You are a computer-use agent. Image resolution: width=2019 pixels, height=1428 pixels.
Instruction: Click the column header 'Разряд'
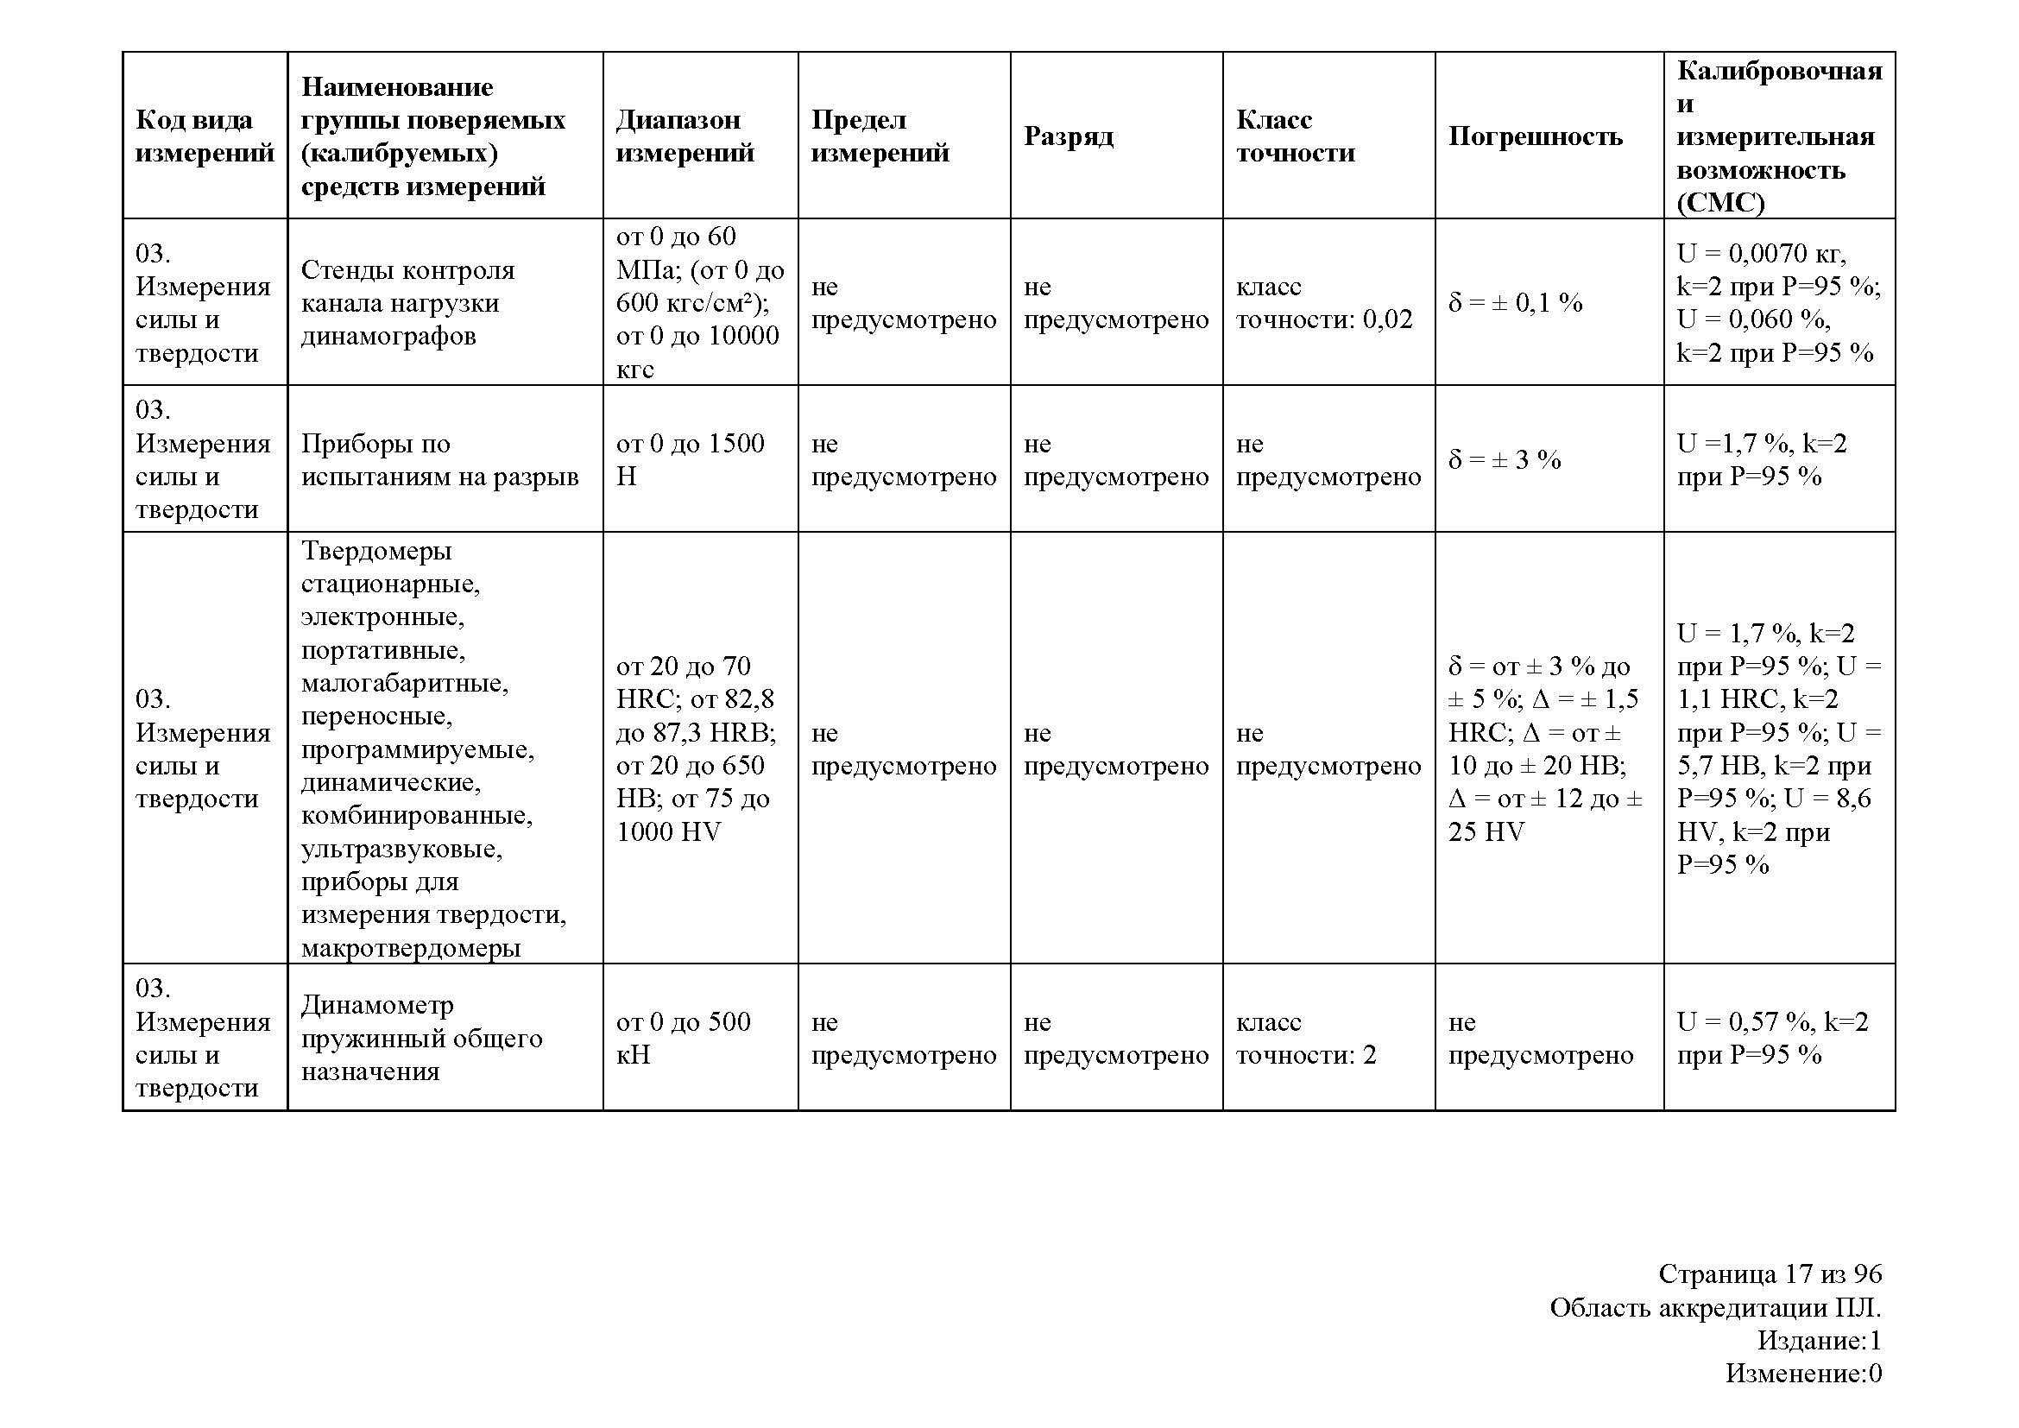1069,136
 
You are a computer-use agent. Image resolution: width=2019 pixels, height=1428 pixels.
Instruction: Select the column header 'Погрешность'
1536,136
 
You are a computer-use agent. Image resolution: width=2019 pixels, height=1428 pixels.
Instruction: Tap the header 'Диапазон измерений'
685,136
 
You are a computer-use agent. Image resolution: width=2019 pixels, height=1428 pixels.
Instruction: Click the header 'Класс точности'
1296,136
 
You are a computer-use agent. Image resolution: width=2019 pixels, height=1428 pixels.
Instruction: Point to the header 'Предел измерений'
880,136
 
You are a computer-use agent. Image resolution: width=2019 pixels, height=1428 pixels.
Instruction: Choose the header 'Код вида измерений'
204,136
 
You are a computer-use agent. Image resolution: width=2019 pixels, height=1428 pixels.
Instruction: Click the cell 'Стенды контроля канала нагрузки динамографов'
408,302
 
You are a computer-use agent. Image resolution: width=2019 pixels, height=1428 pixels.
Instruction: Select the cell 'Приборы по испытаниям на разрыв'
439,460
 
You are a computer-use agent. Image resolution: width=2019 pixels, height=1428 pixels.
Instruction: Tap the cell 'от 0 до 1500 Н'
691,460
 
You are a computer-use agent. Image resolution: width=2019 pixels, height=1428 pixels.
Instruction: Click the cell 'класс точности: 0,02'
1324,302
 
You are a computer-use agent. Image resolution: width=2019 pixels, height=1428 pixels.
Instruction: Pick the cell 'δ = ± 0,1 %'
1515,303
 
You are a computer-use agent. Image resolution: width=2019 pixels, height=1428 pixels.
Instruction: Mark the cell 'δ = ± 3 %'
1505,460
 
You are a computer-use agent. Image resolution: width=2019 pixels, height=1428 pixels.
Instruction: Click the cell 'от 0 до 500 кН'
684,1038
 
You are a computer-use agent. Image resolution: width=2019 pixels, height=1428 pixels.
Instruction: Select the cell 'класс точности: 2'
1306,1038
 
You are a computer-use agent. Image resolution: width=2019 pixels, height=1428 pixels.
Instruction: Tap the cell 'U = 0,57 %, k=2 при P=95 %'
1772,1038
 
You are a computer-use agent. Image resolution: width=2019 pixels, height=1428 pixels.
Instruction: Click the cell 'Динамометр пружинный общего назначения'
421,1038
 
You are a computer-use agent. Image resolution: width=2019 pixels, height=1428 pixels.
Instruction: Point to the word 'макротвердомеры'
411,948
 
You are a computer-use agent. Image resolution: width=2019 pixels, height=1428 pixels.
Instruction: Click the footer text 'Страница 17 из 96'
1770,1273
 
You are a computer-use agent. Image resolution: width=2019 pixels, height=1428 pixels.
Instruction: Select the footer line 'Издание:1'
1820,1340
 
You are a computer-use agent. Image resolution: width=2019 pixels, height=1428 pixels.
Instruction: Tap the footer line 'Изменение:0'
1803,1373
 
